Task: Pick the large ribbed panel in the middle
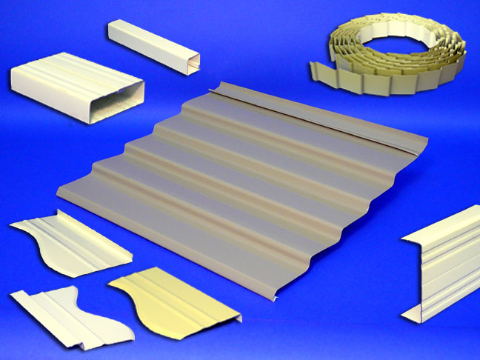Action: (x=244, y=178)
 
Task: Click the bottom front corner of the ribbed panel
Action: (x=275, y=300)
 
